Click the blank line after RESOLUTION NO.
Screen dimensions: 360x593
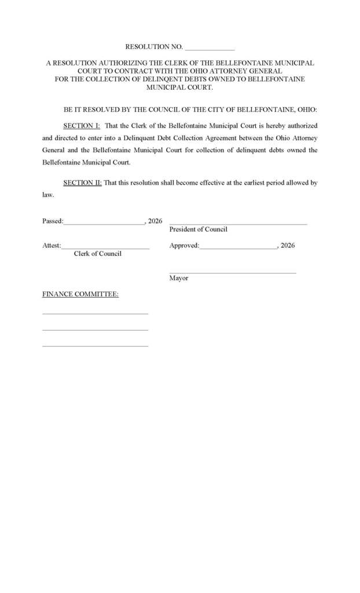click(210, 49)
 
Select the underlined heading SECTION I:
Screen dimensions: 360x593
click(82, 126)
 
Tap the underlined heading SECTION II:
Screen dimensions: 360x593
click(83, 183)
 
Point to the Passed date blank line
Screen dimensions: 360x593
click(105, 223)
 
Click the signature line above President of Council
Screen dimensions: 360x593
click(238, 224)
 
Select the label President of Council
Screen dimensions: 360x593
click(198, 229)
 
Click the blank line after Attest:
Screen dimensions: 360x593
click(105, 248)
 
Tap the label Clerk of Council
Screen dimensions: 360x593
click(97, 254)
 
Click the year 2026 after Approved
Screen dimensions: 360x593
click(288, 246)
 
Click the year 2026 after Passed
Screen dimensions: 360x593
click(155, 221)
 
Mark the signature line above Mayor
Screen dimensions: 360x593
click(233, 273)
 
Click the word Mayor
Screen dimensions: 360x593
click(179, 279)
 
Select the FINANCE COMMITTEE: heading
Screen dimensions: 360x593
click(80, 294)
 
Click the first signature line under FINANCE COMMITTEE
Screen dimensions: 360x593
click(95, 314)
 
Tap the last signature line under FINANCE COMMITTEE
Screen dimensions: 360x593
click(95, 346)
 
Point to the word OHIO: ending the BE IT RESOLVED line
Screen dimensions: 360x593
click(307, 110)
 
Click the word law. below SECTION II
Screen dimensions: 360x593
click(48, 195)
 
